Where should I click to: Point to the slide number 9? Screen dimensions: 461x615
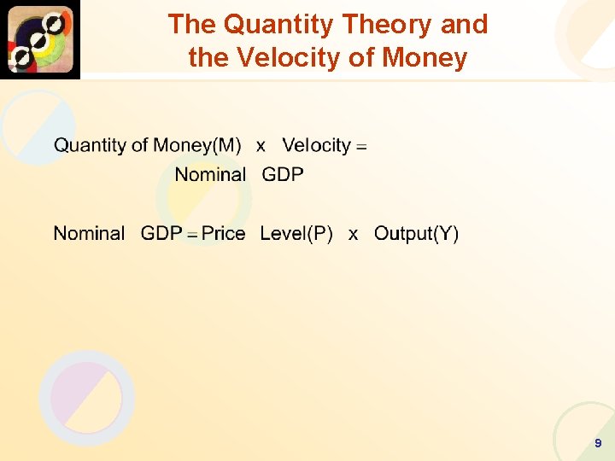(598, 443)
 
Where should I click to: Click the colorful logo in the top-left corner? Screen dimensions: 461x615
(40, 39)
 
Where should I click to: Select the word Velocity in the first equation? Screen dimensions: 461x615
(316, 145)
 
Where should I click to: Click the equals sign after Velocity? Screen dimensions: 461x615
(361, 147)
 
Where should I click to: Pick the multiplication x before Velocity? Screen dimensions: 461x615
(261, 146)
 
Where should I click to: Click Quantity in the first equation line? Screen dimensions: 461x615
(91, 145)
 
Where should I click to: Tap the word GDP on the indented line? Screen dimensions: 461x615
(283, 175)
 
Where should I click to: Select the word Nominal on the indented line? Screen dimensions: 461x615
(210, 175)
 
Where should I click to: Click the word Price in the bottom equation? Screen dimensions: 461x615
(224, 234)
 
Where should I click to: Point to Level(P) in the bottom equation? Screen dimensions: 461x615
(296, 234)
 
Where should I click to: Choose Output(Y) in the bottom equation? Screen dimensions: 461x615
(416, 234)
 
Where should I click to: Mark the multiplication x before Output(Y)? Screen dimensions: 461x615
(353, 235)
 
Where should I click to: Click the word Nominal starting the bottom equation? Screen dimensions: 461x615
(89, 234)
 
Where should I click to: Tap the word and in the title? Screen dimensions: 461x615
(464, 24)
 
